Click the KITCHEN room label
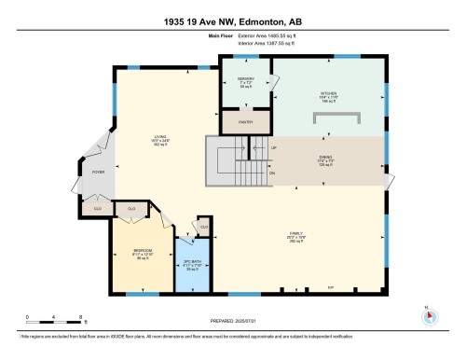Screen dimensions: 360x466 click(329, 91)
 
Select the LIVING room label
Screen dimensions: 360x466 click(159, 139)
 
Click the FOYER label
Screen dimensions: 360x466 click(98, 173)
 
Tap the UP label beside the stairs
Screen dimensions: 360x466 click(273, 148)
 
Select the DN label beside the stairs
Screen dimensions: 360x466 click(272, 173)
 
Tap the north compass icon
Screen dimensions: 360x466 click(430, 314)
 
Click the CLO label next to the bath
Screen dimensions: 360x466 click(203, 226)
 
